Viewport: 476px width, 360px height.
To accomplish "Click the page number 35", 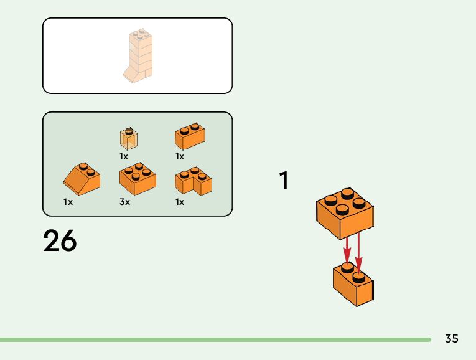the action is coord(452,339).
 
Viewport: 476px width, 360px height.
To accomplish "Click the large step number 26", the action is coord(60,241).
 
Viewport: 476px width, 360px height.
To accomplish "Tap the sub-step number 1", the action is coord(284,181).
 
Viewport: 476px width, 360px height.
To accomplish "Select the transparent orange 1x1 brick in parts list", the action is coord(129,138).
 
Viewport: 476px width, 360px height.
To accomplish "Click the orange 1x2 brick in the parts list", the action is coord(190,136).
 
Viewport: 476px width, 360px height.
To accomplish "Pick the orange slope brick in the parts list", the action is coord(82,179).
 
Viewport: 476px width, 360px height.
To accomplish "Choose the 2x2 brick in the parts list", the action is coord(137,180).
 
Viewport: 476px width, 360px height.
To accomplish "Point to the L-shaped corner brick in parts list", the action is coord(193,181).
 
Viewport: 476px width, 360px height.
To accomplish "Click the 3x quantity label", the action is coord(124,202).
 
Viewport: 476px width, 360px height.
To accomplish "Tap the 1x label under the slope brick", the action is coord(68,202).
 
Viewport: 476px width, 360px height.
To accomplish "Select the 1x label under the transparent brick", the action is coord(124,156).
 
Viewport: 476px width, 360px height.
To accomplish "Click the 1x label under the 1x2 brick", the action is coord(180,156).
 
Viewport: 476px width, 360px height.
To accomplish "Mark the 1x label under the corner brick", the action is coord(180,202).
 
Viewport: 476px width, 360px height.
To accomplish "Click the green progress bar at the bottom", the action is coord(215,339).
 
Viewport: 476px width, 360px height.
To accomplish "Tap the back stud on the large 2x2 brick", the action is coord(347,192).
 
